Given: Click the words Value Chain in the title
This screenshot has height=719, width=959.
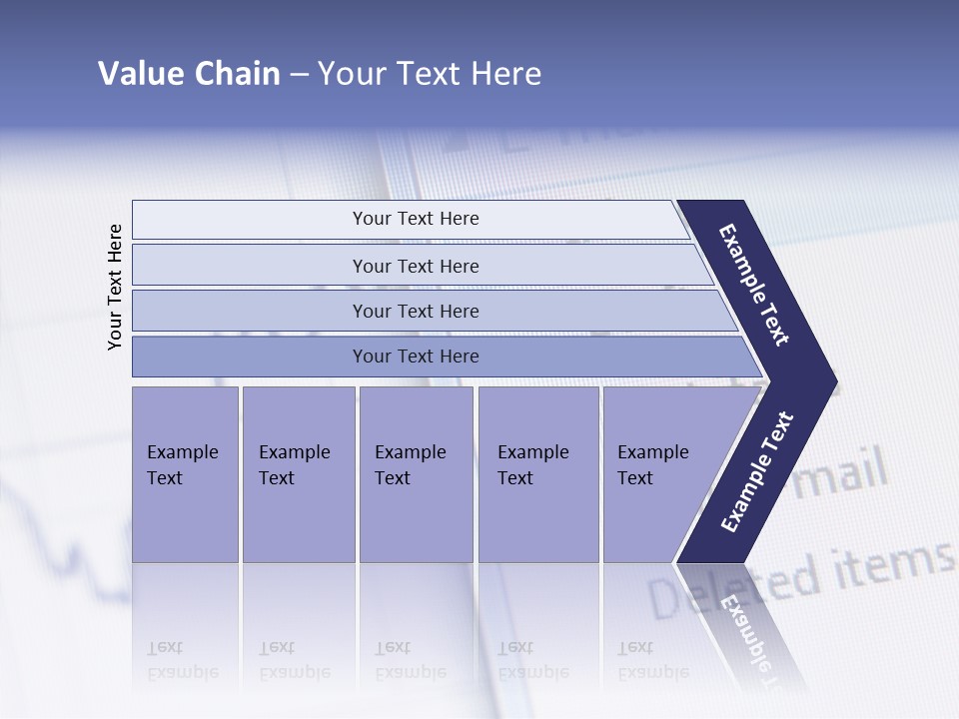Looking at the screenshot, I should click(189, 74).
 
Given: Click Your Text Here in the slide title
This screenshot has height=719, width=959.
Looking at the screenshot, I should click(430, 74).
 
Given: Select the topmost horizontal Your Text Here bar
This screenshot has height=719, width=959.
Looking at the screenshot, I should click(415, 219).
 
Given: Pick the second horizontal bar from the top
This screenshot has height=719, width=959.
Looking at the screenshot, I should click(415, 266).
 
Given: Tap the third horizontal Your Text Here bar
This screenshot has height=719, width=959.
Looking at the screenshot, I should click(415, 311).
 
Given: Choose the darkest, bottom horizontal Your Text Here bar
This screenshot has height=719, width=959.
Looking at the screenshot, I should click(415, 357).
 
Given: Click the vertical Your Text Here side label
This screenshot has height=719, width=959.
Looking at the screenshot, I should click(115, 287).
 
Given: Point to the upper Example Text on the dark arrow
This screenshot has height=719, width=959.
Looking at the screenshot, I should click(755, 285).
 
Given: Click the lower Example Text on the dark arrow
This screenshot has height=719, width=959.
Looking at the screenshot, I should click(756, 472).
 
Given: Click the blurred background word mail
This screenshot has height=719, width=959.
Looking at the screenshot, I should click(845, 473).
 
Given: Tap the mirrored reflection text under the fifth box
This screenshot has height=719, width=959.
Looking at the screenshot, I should click(653, 660).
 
